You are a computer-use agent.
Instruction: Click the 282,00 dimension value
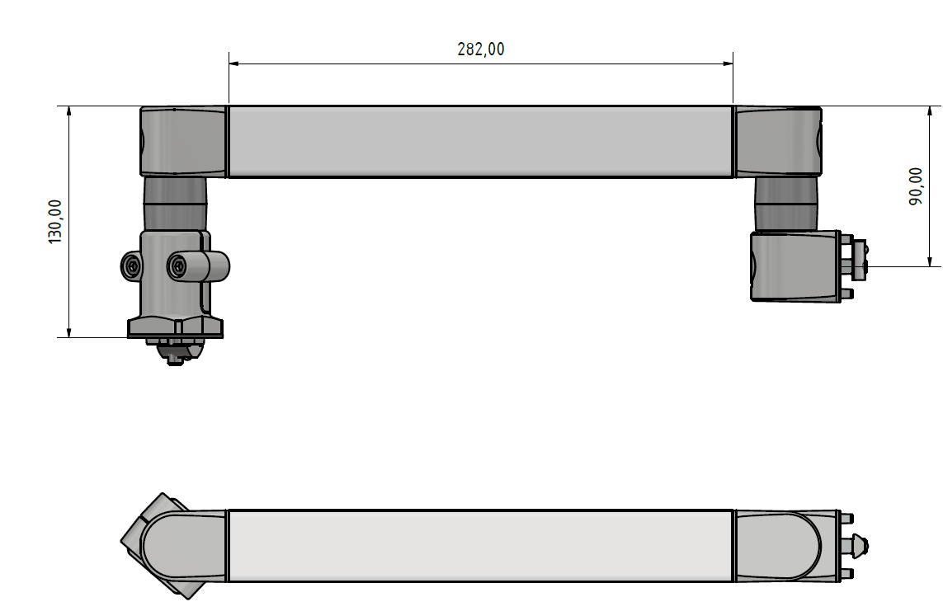480,49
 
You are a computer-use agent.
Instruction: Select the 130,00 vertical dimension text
55,221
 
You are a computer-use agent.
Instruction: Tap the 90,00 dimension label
916,186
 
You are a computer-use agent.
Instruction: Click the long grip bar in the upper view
480,141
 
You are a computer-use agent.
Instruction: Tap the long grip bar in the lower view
480,545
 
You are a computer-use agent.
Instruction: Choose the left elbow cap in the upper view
183,141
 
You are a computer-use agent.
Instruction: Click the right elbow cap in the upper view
777,141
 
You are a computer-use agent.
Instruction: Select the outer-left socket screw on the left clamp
132,266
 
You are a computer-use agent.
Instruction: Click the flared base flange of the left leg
175,327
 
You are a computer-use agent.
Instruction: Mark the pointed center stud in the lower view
858,545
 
